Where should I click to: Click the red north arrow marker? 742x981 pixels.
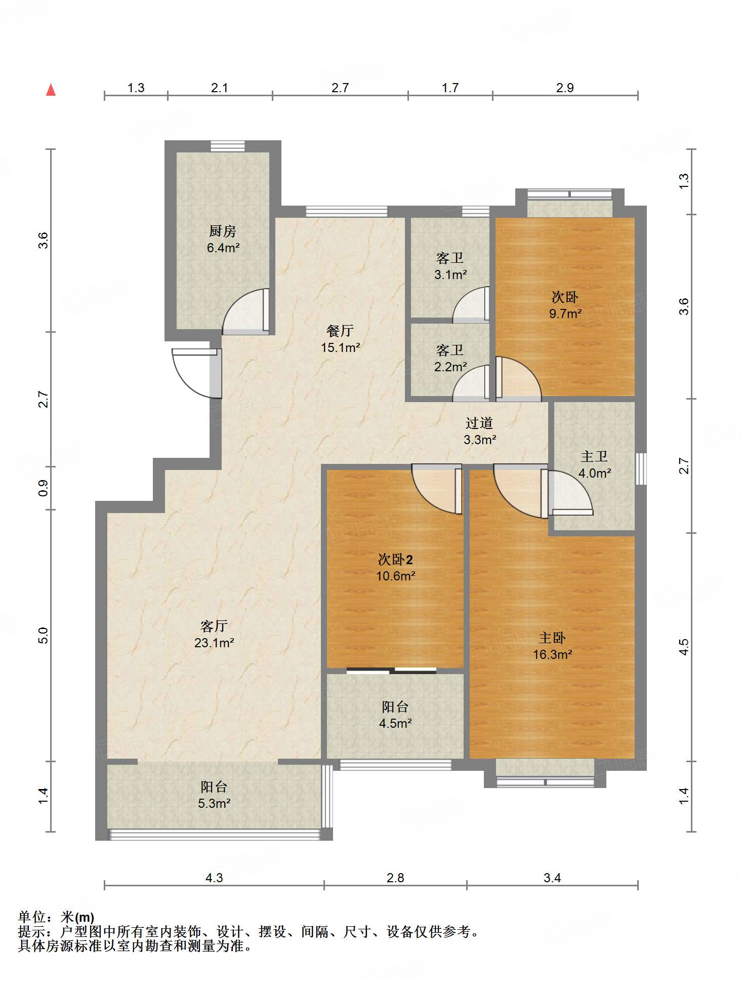click(x=51, y=90)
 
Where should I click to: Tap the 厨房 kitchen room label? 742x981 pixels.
click(x=223, y=231)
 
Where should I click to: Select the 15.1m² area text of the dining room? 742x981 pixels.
click(x=340, y=347)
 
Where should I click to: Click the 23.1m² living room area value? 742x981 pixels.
click(x=214, y=643)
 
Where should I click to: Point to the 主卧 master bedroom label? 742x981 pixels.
click(x=552, y=638)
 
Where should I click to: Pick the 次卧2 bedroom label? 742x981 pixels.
click(x=395, y=559)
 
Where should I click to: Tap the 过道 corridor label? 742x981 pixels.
click(x=479, y=423)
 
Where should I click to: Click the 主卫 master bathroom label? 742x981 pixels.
click(x=594, y=456)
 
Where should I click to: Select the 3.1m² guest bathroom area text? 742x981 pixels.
click(x=450, y=274)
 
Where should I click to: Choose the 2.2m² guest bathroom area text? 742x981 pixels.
click(x=450, y=366)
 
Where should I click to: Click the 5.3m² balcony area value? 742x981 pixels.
click(x=214, y=803)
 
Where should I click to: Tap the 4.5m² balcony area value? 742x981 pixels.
click(x=395, y=723)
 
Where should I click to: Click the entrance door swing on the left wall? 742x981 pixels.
click(x=196, y=373)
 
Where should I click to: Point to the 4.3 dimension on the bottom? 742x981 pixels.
click(x=214, y=878)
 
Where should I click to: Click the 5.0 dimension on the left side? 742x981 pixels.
click(x=44, y=635)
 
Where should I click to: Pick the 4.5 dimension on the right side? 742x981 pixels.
click(x=684, y=647)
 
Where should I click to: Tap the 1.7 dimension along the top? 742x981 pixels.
click(x=450, y=88)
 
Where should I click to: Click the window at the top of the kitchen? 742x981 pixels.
click(x=228, y=146)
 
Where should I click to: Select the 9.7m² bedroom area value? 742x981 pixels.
click(x=565, y=313)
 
